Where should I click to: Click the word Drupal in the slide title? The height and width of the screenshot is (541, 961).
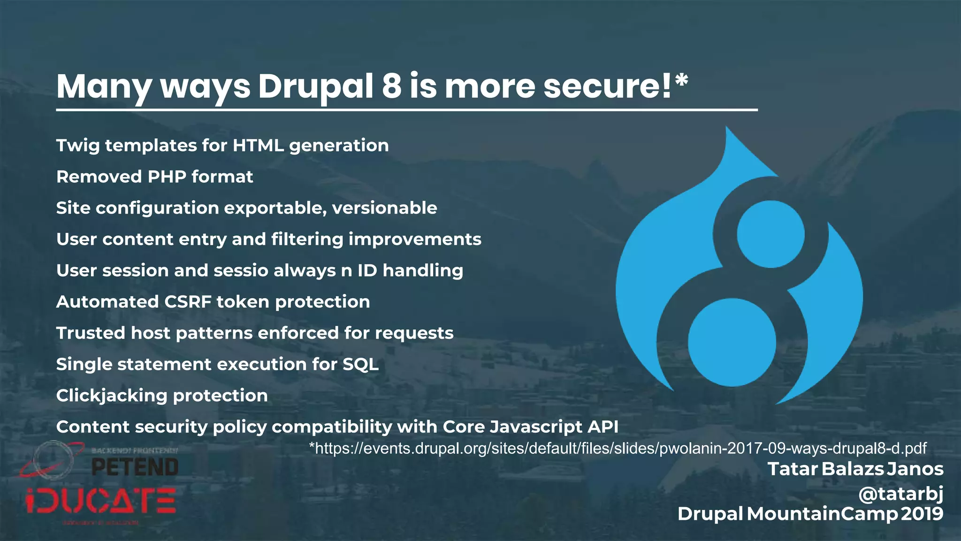[315, 86]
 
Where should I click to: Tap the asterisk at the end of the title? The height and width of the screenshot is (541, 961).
[681, 80]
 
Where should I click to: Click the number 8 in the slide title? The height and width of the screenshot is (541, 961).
[391, 86]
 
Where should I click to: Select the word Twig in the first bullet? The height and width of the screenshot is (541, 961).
[77, 146]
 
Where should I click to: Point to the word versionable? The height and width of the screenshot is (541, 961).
[384, 208]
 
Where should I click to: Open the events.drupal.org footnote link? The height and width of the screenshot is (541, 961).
[618, 448]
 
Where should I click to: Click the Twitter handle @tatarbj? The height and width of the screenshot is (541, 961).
[900, 494]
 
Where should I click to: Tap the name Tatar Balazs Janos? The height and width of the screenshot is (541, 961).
[855, 469]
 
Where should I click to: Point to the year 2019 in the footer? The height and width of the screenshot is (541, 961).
[922, 514]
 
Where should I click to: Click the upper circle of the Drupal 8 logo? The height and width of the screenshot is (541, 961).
[770, 234]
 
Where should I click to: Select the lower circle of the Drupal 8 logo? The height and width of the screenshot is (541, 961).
[732, 342]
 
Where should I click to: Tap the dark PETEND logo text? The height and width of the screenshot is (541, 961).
[135, 467]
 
